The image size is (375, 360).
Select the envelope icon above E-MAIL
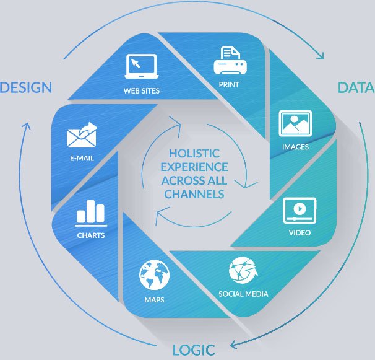pos(82,134)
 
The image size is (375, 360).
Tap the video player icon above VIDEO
pos(300,211)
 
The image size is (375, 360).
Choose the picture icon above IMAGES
pos(295,123)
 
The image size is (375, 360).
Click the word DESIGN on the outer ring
pos(25,87)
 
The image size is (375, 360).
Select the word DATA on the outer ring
pos(356,87)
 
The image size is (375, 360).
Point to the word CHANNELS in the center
pos(194,195)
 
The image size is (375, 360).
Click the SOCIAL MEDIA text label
pos(243,293)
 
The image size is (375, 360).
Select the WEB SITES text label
pos(141,90)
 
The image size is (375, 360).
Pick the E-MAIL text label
pos(82,158)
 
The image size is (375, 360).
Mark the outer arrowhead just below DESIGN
pos(26,128)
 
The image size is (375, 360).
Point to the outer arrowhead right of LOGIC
pos(233,345)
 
